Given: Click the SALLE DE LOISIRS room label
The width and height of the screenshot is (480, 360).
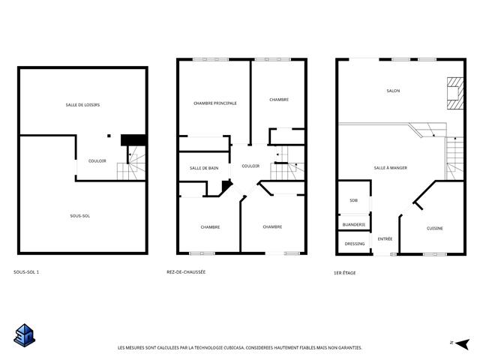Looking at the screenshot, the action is (82, 105).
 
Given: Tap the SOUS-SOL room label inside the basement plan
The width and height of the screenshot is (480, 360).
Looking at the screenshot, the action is (80, 216).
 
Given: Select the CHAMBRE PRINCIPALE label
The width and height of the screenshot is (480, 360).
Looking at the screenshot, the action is (215, 103).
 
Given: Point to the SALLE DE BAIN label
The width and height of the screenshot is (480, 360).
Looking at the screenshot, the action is (204, 168).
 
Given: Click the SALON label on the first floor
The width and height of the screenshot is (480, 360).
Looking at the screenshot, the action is (393, 91).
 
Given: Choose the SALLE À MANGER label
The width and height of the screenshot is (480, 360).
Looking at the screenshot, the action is (390, 168).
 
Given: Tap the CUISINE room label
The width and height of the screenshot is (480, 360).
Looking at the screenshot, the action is (435, 228).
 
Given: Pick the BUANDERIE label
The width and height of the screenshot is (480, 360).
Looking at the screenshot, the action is (354, 225).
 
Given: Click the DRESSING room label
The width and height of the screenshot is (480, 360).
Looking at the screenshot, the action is (355, 244).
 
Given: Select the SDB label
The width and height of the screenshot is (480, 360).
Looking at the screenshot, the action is (353, 200).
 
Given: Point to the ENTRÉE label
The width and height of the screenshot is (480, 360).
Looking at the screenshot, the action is (385, 238).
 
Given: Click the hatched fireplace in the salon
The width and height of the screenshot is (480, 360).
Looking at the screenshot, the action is (455, 93).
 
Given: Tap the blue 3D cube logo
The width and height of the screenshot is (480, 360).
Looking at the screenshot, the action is (25, 335).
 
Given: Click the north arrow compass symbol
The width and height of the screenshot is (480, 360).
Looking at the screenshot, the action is (462, 343).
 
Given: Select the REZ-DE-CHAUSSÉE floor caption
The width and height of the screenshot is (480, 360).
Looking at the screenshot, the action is (186, 271).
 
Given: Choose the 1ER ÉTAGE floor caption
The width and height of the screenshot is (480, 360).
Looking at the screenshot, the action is (345, 273).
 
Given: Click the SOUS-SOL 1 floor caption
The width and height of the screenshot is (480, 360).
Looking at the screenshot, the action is (26, 271).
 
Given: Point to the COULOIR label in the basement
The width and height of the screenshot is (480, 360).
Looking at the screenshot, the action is (97, 161).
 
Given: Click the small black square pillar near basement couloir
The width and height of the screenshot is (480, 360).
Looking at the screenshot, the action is (109, 136).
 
